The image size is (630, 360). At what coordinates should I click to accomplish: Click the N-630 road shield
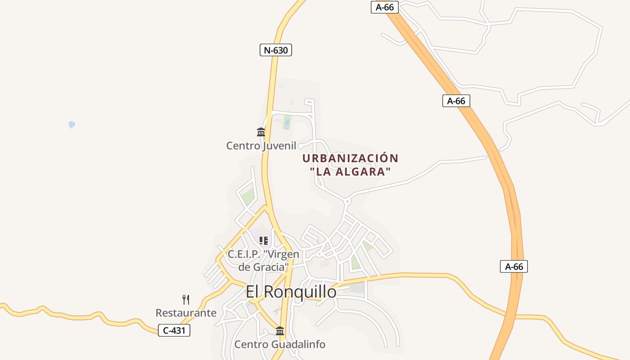click(276, 50)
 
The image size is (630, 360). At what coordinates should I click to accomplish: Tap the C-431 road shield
click(174, 330)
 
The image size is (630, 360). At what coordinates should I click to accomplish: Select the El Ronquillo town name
click(291, 292)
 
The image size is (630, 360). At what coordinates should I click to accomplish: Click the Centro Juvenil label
click(261, 146)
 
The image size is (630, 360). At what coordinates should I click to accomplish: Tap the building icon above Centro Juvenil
click(261, 132)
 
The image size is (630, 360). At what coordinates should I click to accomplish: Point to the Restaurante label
click(186, 313)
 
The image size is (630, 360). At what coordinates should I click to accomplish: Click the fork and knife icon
click(186, 300)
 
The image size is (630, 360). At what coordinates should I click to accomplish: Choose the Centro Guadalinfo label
click(279, 345)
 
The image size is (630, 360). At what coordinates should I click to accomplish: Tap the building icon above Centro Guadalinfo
click(280, 331)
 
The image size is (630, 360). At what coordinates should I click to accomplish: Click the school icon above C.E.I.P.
click(264, 241)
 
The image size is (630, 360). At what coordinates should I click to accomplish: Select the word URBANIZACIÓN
click(350, 158)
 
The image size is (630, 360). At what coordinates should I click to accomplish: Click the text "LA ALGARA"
click(350, 171)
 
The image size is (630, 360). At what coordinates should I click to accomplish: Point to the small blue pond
click(72, 124)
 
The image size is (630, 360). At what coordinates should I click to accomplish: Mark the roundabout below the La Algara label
click(347, 202)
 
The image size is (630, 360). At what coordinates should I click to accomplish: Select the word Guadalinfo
click(298, 345)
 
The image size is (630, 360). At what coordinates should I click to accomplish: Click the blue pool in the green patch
click(287, 122)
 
